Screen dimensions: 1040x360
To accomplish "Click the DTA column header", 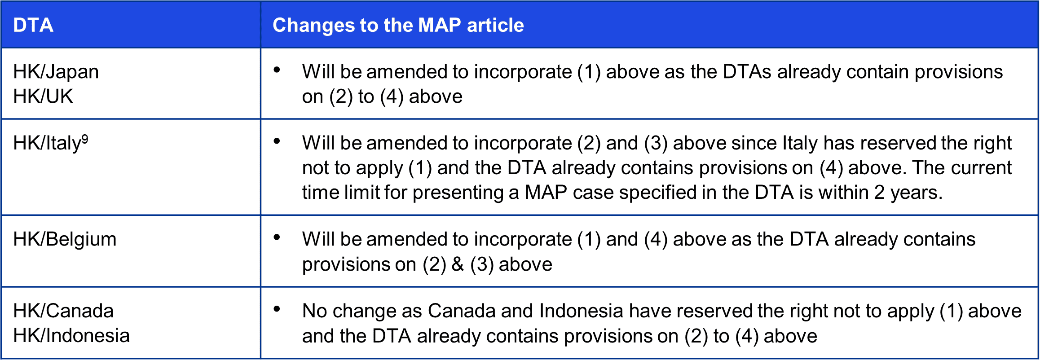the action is click(x=33, y=25).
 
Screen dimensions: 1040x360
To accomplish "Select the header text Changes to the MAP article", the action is click(x=398, y=25).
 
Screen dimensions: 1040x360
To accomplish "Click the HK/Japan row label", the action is click(x=56, y=72).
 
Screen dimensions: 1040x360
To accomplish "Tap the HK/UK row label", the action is click(x=43, y=96).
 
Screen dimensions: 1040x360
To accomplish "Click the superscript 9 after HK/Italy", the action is click(x=85, y=140).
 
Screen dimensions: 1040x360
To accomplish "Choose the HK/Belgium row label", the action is click(x=65, y=239).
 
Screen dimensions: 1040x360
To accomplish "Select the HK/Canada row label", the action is click(x=63, y=311).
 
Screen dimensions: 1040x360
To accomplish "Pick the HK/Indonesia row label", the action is click(x=71, y=335).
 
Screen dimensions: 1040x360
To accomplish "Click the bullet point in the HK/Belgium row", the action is click(x=277, y=237).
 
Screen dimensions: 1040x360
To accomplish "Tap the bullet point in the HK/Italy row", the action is click(x=277, y=141).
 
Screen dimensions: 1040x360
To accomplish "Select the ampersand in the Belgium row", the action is click(x=458, y=264).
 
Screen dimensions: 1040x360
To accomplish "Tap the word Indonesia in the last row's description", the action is click(x=581, y=311).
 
